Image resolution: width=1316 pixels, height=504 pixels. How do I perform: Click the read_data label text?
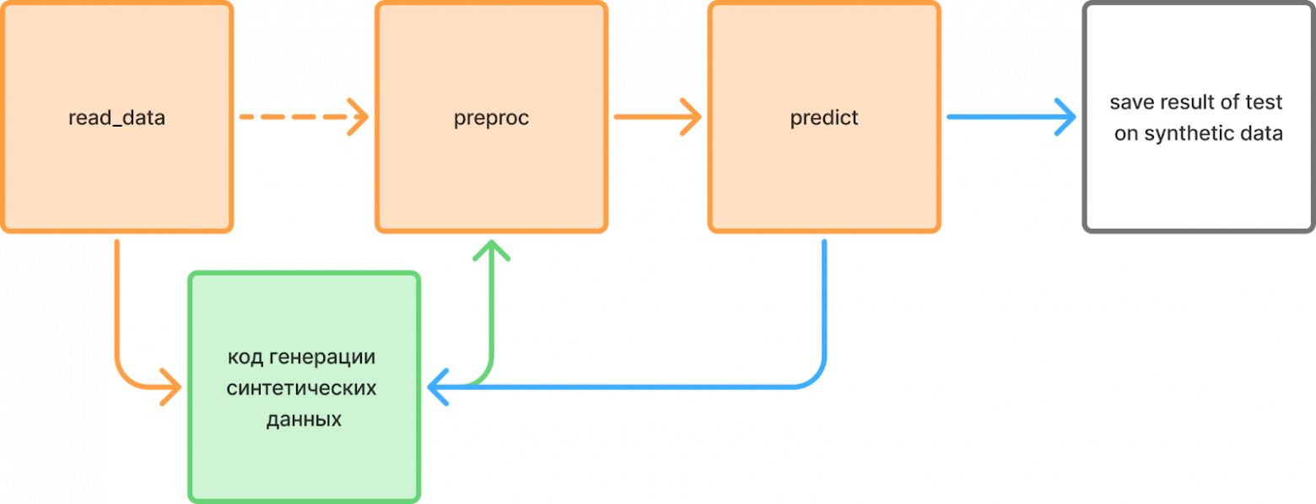click(116, 118)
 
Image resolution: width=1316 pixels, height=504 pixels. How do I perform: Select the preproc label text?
click(491, 118)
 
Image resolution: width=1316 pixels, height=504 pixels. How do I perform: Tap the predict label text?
click(824, 118)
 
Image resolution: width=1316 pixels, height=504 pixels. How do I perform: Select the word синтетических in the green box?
click(302, 388)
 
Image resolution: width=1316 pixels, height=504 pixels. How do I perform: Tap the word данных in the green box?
click(303, 420)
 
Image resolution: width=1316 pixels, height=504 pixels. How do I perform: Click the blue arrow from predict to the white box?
click(1004, 117)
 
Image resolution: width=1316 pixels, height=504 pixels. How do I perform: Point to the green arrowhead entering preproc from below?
click(491, 251)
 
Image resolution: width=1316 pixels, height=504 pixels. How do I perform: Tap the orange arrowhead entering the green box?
click(173, 387)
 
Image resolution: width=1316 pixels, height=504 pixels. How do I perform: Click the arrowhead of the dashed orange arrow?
click(359, 117)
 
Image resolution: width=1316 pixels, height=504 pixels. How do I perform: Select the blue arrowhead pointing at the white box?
click(1067, 117)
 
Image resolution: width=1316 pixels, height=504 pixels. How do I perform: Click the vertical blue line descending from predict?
click(824, 295)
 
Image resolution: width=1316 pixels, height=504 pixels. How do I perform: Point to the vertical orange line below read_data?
click(116, 295)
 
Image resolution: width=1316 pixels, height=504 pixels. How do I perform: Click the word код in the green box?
click(245, 357)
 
